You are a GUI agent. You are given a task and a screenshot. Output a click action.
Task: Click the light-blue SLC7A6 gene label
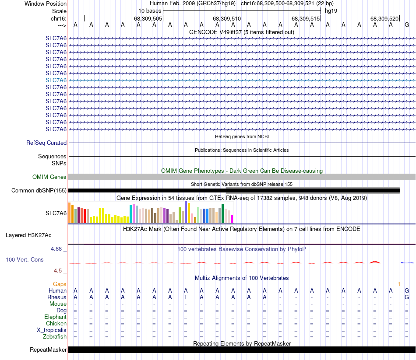tap(56, 80)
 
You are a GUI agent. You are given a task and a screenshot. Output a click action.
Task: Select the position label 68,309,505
tap(148, 19)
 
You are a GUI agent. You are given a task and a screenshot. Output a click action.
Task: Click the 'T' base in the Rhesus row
tap(186, 297)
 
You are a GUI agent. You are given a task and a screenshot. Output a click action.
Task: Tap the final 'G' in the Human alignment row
tap(407, 290)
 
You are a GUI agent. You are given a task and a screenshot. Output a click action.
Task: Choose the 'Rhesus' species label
tap(57, 297)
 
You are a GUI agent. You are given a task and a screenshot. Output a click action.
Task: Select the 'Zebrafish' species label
tap(55, 337)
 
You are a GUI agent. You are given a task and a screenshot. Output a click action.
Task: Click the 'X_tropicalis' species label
tap(52, 330)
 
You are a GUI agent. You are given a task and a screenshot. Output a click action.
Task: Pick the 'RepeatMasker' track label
tap(48, 350)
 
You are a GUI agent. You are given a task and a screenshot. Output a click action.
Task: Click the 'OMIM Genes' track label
tap(49, 177)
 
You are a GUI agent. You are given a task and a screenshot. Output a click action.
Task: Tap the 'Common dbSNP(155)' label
tap(39, 191)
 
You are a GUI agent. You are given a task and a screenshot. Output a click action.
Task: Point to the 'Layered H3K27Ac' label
tap(28, 235)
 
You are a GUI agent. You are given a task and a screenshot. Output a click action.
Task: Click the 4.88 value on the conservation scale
tap(57, 249)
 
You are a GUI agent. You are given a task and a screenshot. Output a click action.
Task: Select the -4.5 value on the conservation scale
tap(59, 271)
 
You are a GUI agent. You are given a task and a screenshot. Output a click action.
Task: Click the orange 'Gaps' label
tap(60, 284)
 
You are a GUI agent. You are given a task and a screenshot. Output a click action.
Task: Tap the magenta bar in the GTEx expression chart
tap(232, 219)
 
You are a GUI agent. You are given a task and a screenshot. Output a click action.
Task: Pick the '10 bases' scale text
tap(150, 10)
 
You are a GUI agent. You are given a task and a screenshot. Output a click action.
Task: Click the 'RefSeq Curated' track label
tap(46, 143)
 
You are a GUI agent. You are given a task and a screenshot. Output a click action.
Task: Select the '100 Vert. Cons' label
tap(25, 260)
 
